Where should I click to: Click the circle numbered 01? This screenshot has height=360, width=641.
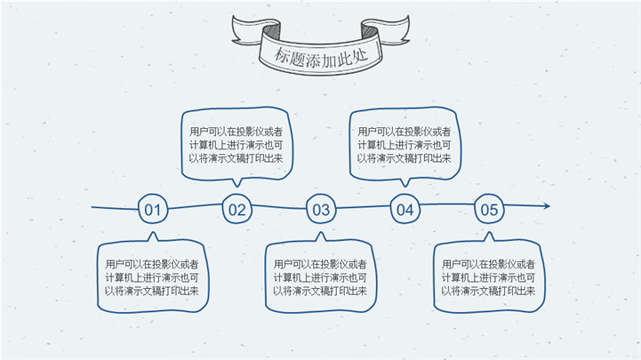tap(152, 210)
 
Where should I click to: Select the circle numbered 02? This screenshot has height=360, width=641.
tap(236, 210)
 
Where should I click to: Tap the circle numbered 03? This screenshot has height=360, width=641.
tap(321, 211)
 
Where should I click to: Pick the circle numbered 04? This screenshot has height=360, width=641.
tap(405, 210)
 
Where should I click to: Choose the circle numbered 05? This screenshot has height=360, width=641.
tap(489, 210)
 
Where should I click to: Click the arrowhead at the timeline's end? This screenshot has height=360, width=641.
tap(546, 206)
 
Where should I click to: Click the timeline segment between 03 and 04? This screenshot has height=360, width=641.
tap(363, 210)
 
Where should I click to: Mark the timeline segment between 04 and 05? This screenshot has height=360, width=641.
tap(447, 209)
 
